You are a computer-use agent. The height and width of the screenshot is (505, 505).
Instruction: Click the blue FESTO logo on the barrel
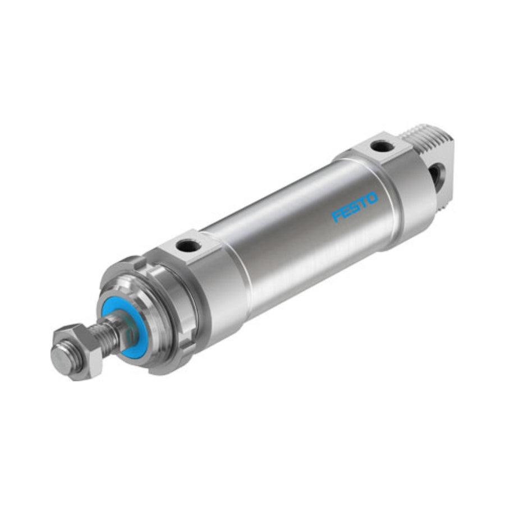(x=355, y=207)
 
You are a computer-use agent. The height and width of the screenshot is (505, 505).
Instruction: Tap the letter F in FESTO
(x=337, y=217)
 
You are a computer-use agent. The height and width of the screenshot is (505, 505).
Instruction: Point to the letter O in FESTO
(x=372, y=198)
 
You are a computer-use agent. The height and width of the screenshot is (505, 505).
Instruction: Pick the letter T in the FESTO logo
(x=363, y=203)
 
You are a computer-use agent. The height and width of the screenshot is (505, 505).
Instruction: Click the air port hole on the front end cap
(x=189, y=246)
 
